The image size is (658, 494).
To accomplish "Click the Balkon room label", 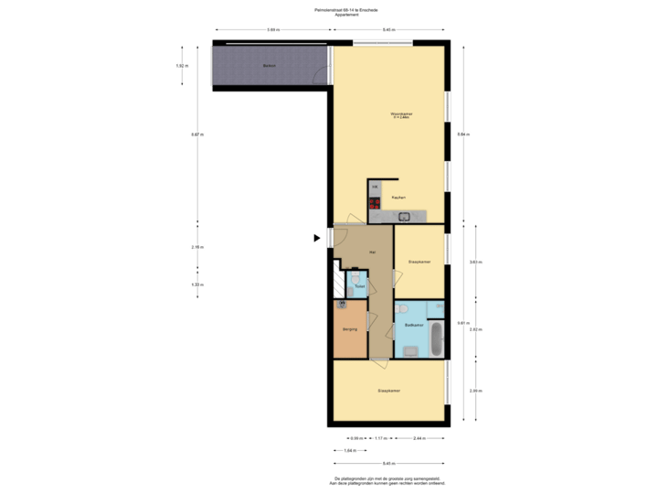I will [269, 67].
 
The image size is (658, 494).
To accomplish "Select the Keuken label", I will [398, 198].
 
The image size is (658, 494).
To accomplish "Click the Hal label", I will [372, 252].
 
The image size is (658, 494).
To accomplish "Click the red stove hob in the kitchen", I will [375, 205].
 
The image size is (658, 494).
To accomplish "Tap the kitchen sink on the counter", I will [404, 216].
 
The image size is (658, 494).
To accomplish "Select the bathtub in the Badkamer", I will [436, 338].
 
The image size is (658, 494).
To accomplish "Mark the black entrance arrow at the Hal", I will [317, 238].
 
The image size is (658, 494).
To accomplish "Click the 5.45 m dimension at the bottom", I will [388, 463].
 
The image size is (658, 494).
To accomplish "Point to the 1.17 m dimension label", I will [381, 437].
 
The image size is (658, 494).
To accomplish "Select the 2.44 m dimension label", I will [419, 437].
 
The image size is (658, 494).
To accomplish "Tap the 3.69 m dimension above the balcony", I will [272, 30].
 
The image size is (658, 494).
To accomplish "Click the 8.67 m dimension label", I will [196, 134].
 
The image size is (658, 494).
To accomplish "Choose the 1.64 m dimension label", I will [348, 450].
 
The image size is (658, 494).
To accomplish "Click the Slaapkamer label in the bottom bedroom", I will [388, 391].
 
